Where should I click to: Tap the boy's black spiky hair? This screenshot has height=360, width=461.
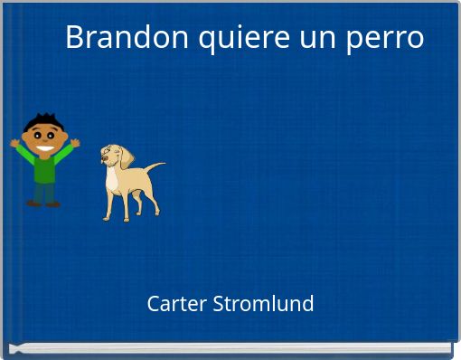42,120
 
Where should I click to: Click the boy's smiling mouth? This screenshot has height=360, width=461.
43,147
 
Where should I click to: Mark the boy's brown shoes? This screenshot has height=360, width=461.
42,204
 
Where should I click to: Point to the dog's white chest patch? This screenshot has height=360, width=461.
113,180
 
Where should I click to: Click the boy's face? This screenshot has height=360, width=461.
43,138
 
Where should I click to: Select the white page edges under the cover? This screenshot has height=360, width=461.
230,348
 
